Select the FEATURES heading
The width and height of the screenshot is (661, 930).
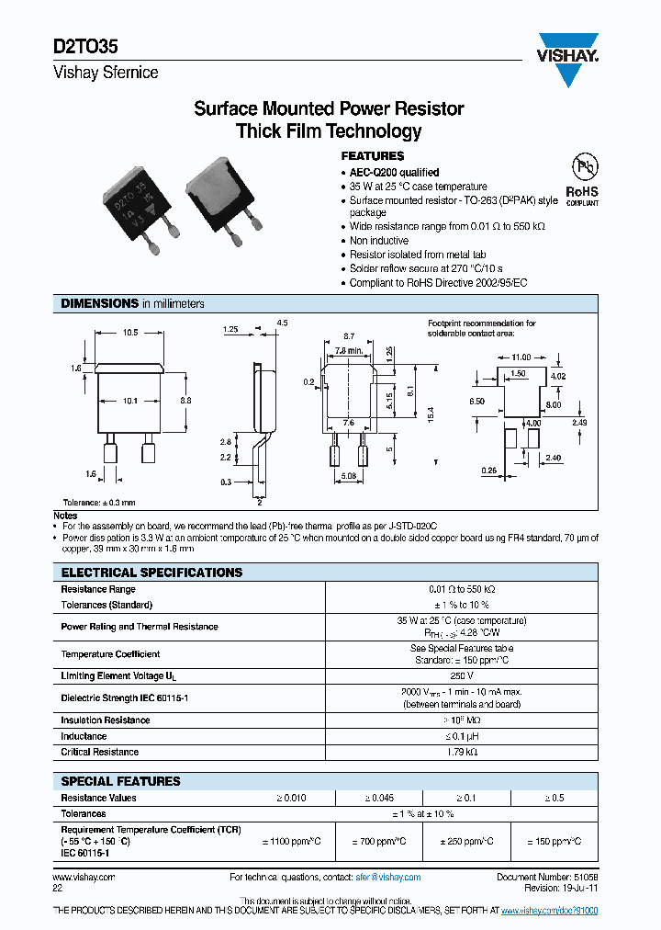tap(373, 156)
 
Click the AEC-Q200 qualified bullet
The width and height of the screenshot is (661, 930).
tap(394, 172)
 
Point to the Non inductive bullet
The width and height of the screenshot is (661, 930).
tap(380, 241)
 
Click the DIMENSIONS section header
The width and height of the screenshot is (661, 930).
tap(99, 303)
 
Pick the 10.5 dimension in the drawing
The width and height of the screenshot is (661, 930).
tap(130, 333)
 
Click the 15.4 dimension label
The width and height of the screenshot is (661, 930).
tap(430, 415)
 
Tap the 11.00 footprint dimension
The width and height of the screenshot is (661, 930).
tap(521, 356)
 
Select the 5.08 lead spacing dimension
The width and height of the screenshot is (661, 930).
tap(348, 476)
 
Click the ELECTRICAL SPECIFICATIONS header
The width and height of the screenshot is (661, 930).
tap(151, 573)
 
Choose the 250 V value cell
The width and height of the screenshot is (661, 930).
tap(462, 676)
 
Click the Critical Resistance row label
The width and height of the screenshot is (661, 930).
tap(100, 752)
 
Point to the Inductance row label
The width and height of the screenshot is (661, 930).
tap(84, 736)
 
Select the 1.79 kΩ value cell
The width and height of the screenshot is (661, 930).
tap(462, 752)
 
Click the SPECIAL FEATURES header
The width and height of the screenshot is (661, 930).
tap(120, 781)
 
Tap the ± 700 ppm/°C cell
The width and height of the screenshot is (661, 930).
tap(380, 841)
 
